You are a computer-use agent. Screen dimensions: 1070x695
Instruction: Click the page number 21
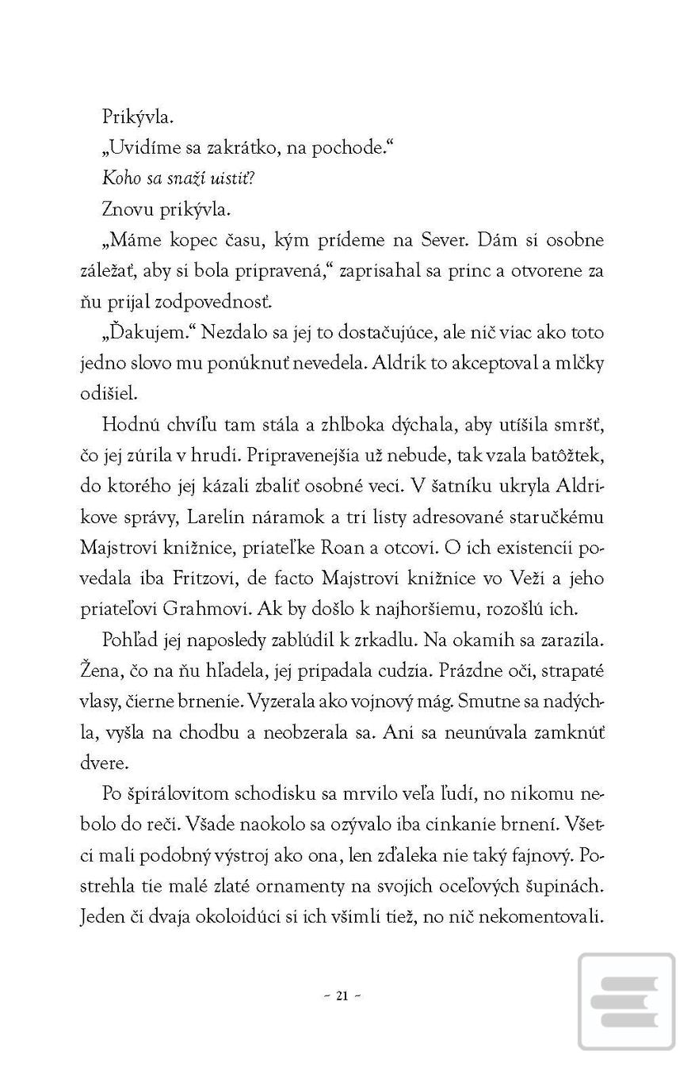342,996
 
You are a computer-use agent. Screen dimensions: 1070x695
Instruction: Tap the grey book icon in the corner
626,1001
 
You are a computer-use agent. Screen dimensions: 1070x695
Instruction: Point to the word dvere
103,763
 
